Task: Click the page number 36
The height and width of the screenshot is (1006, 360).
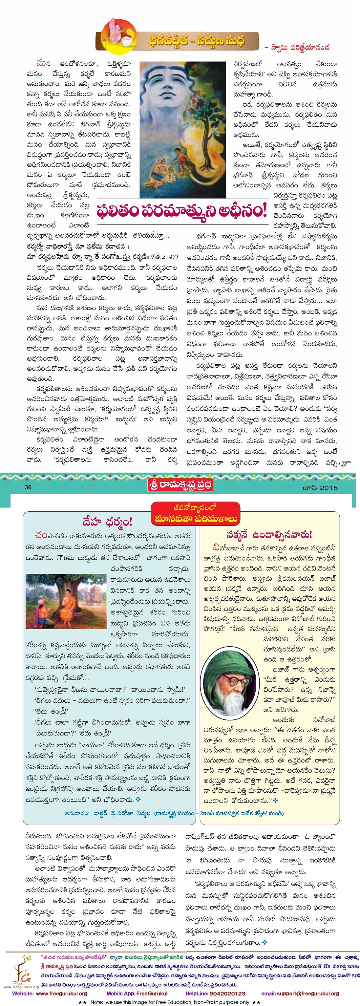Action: [28, 487]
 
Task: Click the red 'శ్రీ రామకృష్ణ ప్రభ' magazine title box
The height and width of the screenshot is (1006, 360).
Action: [180, 485]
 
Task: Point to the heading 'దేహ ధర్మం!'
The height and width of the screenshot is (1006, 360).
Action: [108, 522]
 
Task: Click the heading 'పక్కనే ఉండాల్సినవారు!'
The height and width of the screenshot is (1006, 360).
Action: [269, 535]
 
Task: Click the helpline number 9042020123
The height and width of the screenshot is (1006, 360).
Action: [226, 993]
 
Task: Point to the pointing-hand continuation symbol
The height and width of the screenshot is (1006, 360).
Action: [345, 463]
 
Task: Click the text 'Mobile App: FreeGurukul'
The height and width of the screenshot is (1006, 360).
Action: [137, 993]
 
